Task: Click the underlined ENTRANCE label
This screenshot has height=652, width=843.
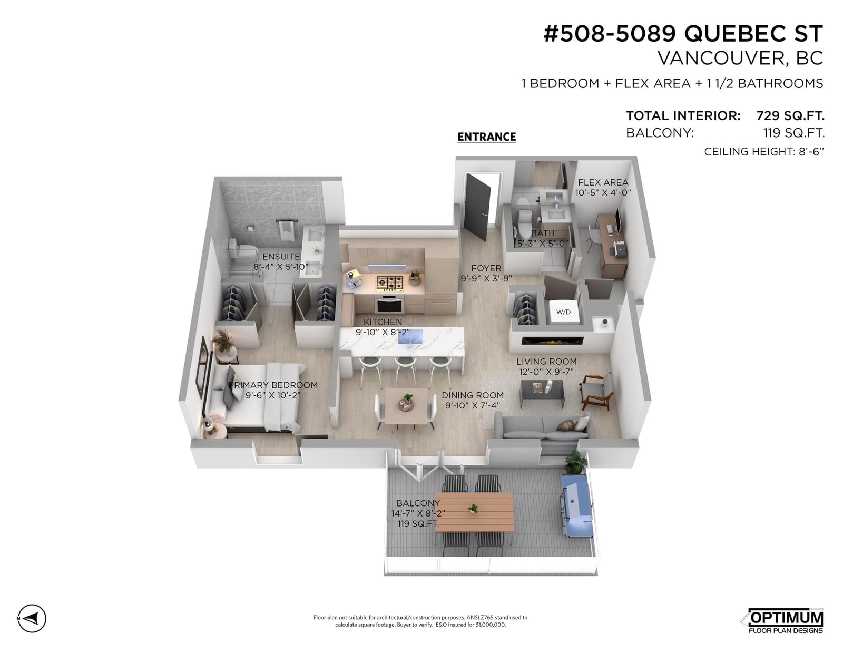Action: pyautogui.click(x=486, y=137)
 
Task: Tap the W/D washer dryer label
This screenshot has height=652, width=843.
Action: pyautogui.click(x=563, y=312)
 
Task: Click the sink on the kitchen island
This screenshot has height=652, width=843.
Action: pyautogui.click(x=410, y=336)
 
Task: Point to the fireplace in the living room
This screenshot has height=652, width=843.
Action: pyautogui.click(x=553, y=340)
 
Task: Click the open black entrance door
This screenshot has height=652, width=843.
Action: pyautogui.click(x=477, y=208)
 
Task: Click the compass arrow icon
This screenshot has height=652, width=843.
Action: pyautogui.click(x=32, y=619)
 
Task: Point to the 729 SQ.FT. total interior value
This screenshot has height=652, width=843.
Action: pyautogui.click(x=790, y=115)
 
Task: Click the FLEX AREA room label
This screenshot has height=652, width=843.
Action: pyautogui.click(x=603, y=182)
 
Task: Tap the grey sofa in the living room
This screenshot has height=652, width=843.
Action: pyautogui.click(x=544, y=426)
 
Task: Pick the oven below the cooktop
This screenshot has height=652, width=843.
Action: pyautogui.click(x=389, y=304)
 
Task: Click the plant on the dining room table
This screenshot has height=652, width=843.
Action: pyautogui.click(x=407, y=400)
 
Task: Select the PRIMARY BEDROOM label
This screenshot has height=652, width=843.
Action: pyautogui.click(x=273, y=385)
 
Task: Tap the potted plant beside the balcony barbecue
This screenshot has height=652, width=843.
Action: pyautogui.click(x=574, y=462)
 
